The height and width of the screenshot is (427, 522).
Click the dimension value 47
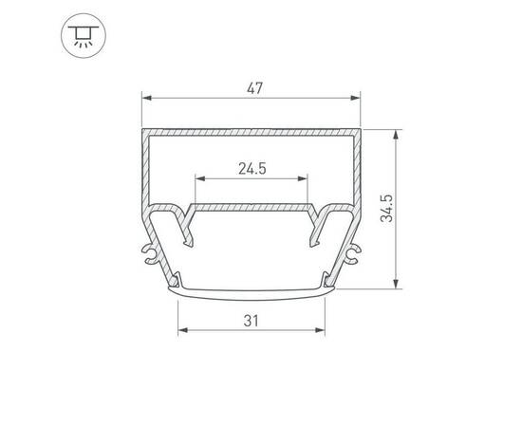coord(252,87)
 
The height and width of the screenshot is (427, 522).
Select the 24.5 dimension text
coord(252,169)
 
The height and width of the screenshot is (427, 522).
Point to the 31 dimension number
coord(252,321)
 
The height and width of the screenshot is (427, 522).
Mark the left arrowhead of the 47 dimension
coord(146,97)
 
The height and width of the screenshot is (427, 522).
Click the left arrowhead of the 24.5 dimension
coord(198,178)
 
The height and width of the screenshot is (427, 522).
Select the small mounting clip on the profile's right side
coord(355,253)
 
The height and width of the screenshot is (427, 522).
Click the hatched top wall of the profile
coord(252,128)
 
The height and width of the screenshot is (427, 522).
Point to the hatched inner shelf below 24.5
coord(252,205)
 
